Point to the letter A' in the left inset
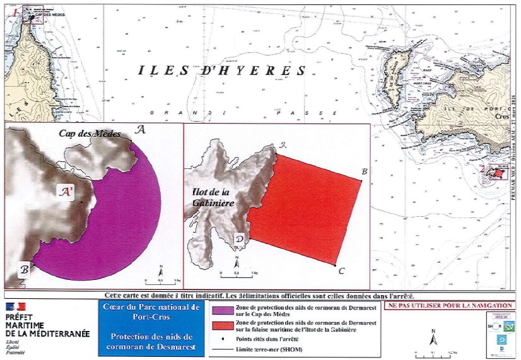point(66,189)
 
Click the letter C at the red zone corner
point(341,272)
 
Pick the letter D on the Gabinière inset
point(240,240)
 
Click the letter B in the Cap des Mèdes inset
point(24,269)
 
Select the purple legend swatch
point(223,310)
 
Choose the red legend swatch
point(223,325)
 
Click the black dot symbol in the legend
point(223,338)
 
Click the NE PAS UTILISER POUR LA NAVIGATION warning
point(450,305)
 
